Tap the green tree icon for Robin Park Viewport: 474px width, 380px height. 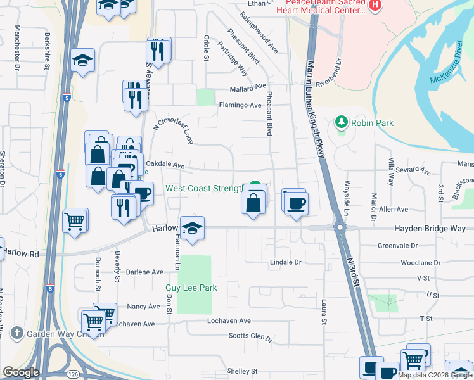(342, 122)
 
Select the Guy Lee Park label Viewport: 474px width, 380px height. (191, 288)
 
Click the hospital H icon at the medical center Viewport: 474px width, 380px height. (375, 5)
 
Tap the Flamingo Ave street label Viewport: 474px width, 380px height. (240, 105)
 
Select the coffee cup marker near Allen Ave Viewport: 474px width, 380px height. (296, 204)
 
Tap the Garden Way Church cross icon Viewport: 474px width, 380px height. (16, 333)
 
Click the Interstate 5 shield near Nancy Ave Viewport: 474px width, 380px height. (50, 288)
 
